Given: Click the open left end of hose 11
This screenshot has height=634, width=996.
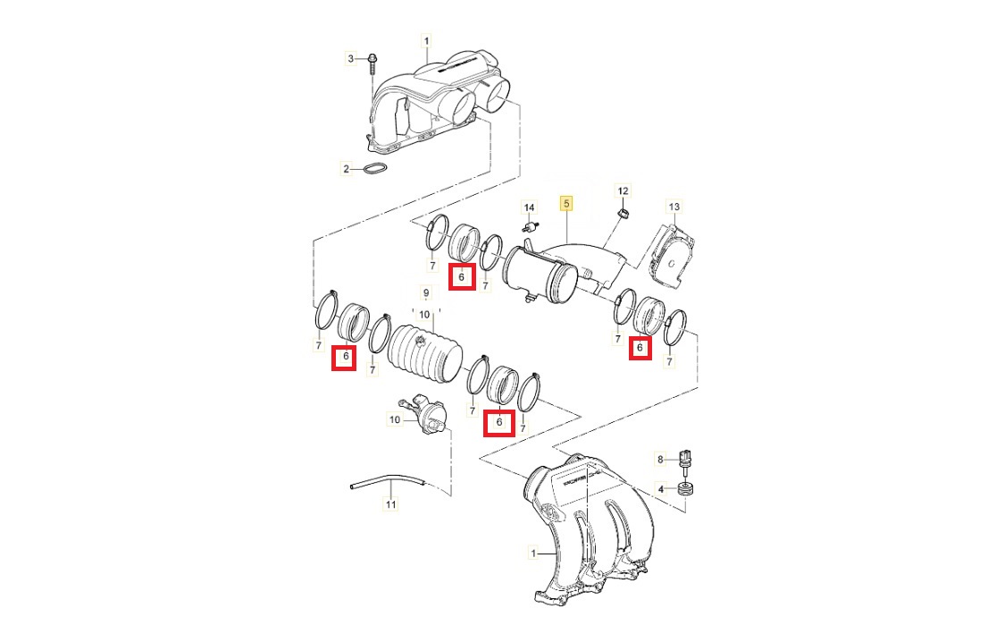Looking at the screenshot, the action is pos(352,486).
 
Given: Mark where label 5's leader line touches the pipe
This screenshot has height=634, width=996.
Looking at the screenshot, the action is pos(566,241).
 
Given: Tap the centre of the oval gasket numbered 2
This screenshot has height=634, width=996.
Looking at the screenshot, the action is pos(375,168).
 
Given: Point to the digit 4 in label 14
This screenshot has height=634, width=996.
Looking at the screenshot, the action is pos(531,207).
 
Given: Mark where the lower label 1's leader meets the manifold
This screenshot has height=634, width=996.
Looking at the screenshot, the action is pos(557,554).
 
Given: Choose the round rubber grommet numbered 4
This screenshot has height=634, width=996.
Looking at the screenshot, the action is pos(686,490).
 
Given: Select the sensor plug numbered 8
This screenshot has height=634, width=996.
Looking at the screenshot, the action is pos(686,460).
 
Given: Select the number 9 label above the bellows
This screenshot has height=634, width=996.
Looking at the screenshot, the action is pos(426,293).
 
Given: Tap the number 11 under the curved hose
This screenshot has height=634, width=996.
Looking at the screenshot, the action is pos(391,504).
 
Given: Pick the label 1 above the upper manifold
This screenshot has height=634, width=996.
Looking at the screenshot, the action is pos(427,41).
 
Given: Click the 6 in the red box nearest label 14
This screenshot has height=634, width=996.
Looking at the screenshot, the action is pos(462,276).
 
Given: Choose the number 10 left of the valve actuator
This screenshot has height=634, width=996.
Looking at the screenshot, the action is pos(395,419).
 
